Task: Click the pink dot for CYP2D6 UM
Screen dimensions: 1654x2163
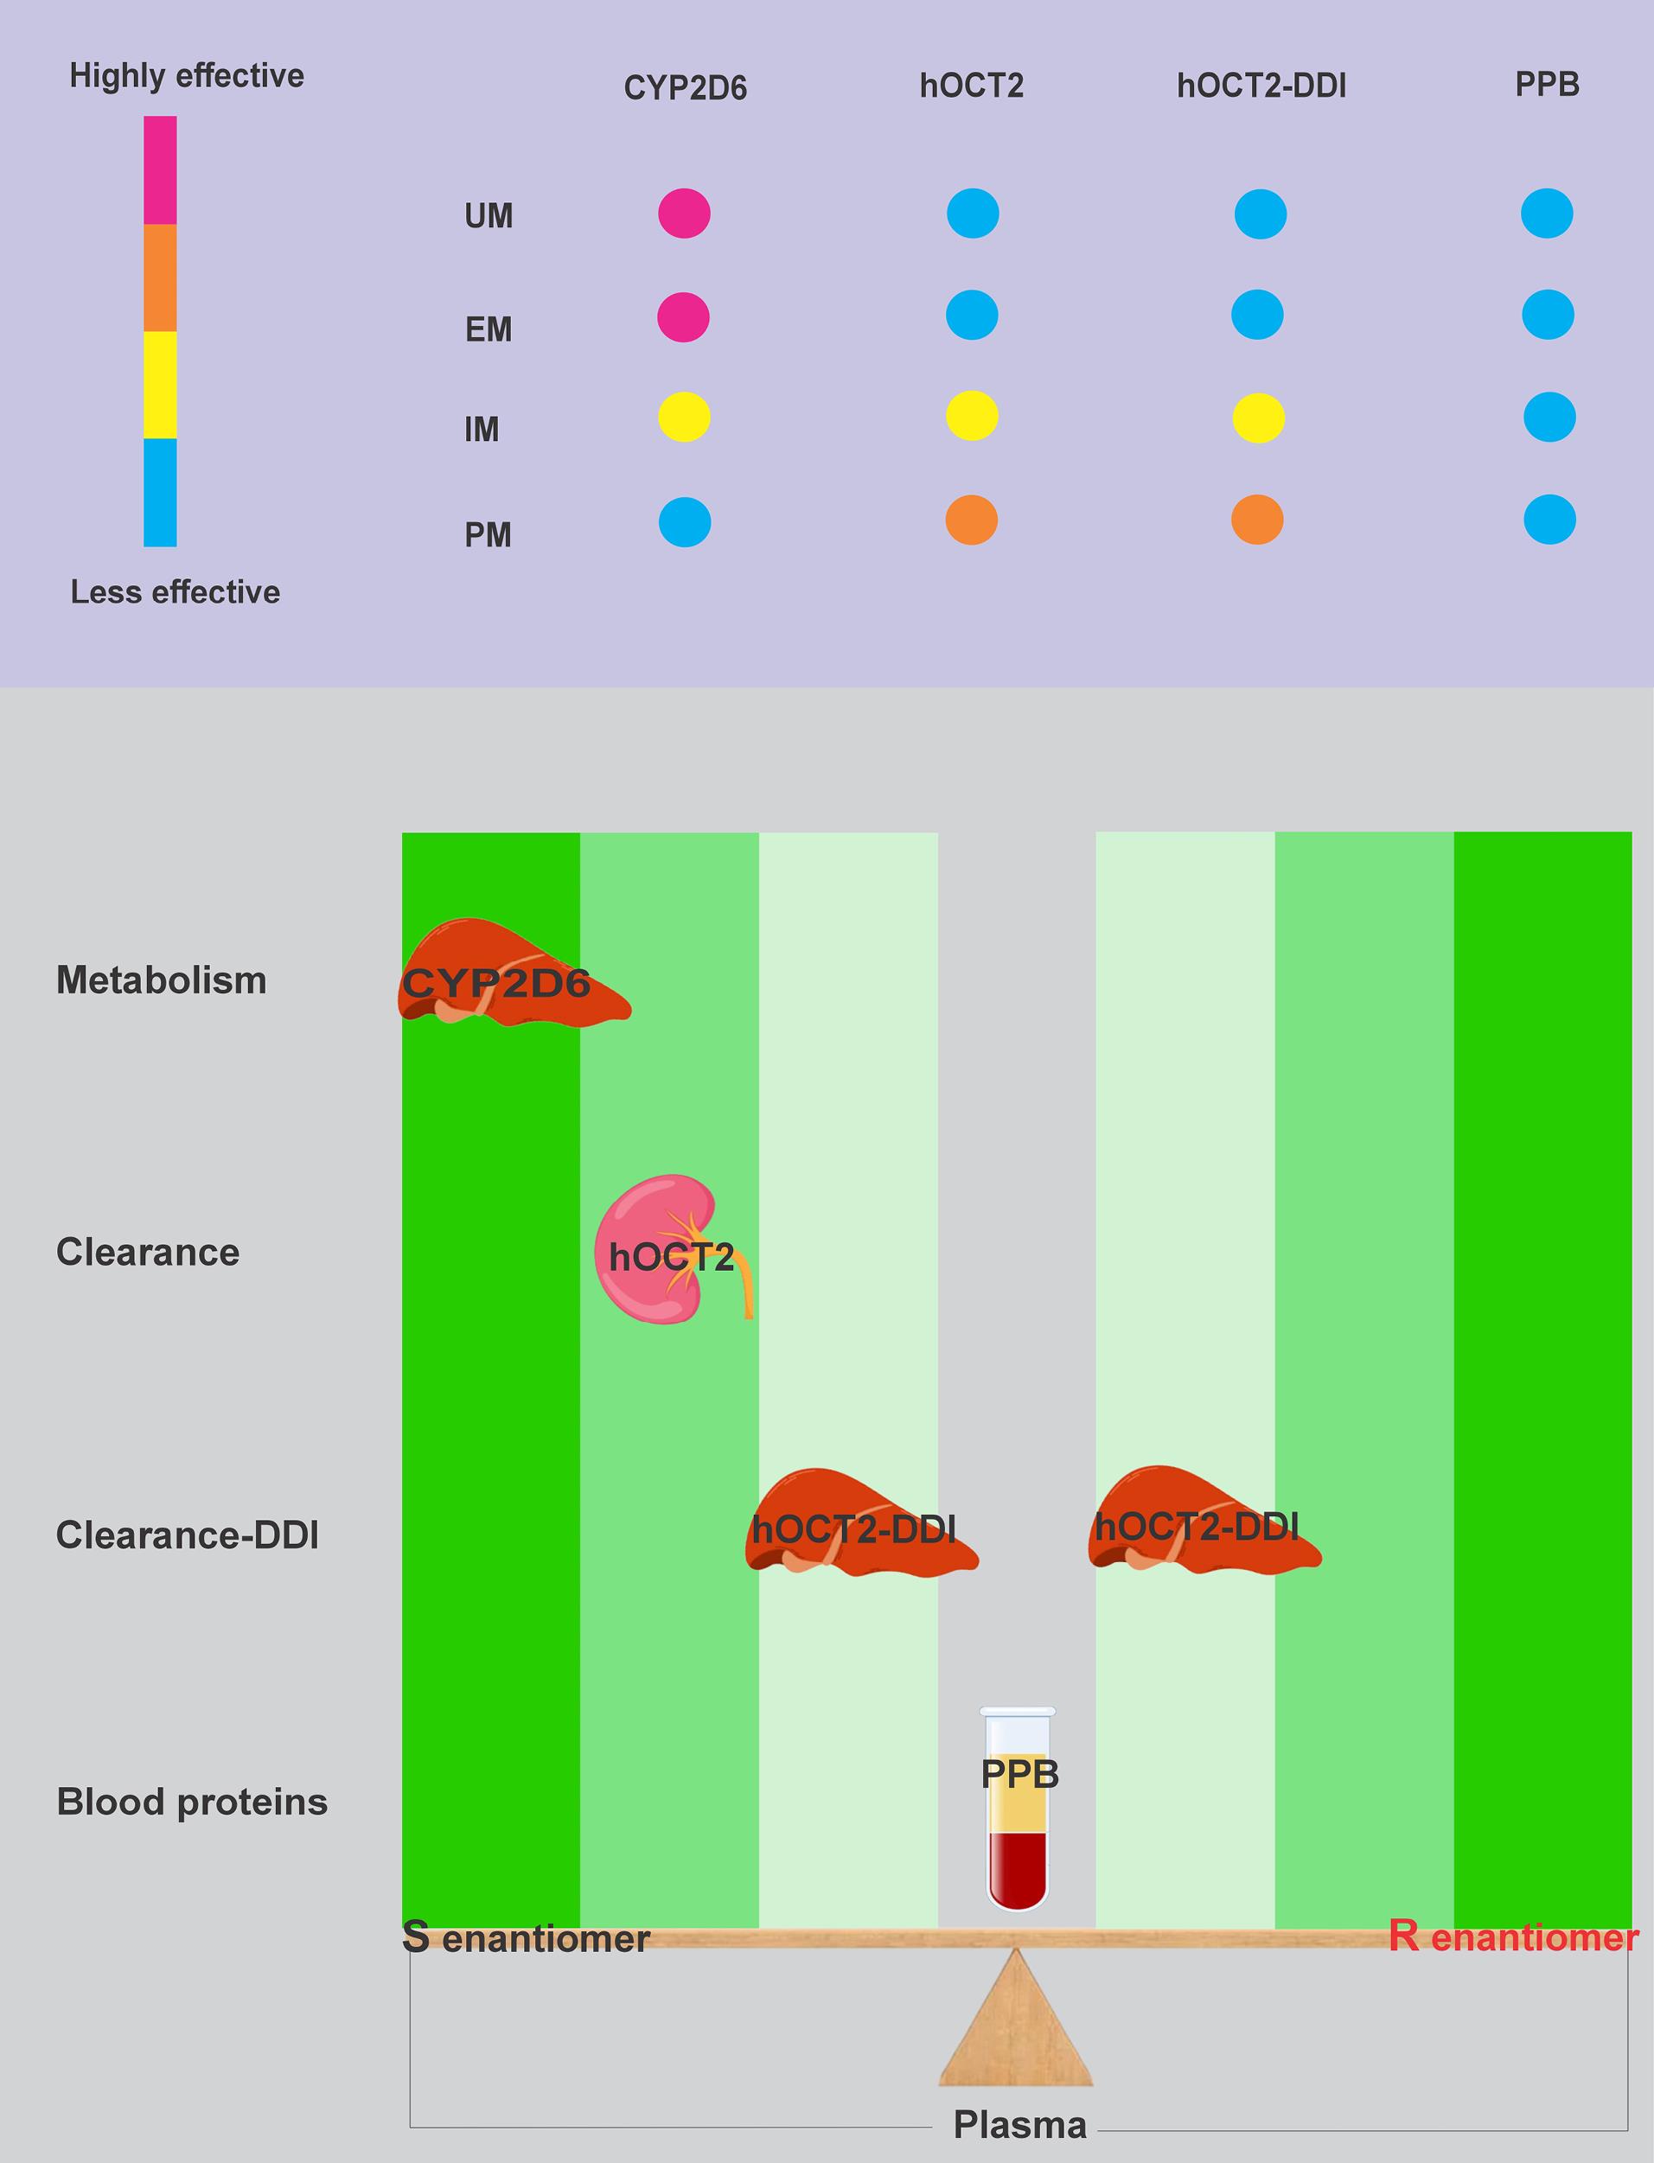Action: click(x=684, y=214)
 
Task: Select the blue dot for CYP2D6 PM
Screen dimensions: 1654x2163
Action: click(x=684, y=522)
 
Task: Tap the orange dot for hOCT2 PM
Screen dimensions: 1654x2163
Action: click(x=972, y=520)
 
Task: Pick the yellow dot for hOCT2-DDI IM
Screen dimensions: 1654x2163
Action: click(x=1258, y=418)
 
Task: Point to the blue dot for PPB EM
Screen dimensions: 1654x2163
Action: click(x=1548, y=315)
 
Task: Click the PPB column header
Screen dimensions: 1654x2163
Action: click(x=1547, y=85)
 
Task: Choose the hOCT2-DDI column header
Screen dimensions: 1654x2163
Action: click(x=1261, y=86)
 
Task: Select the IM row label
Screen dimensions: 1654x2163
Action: click(x=482, y=430)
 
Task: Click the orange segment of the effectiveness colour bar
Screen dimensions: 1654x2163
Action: click(x=161, y=278)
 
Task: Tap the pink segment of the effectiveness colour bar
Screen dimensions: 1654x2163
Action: click(x=161, y=170)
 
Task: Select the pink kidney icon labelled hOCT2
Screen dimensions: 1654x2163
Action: click(x=672, y=1248)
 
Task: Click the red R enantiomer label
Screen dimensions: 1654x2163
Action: click(x=1513, y=1936)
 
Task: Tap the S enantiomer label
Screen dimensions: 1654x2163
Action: click(x=526, y=1937)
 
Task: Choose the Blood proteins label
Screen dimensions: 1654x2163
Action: click(x=192, y=1802)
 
